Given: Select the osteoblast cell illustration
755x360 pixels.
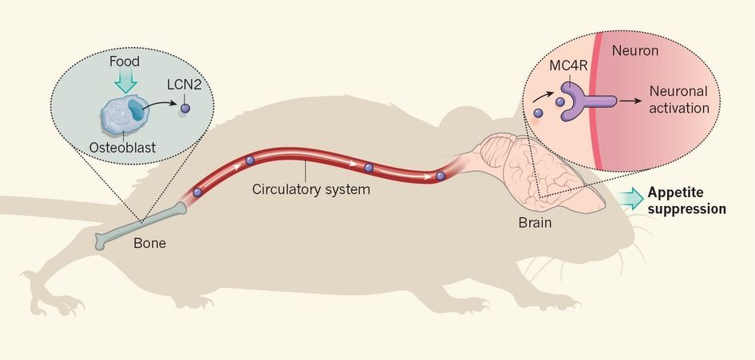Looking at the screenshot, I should click(122, 117).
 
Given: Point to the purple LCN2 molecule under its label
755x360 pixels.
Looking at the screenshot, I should click(185, 109).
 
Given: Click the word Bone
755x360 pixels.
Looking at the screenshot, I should click(149, 243).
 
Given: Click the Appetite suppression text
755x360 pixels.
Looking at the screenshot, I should click(686, 200).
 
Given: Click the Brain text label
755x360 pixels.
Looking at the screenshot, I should click(534, 222).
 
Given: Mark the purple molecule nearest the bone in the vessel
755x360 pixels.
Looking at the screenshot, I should click(197, 192).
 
